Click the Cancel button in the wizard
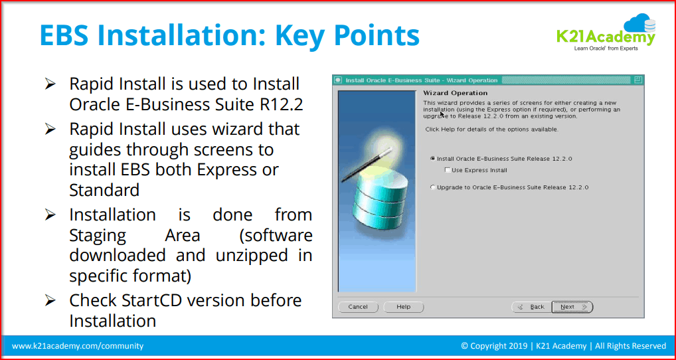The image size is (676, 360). [x=358, y=307]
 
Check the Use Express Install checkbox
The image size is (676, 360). [x=447, y=170]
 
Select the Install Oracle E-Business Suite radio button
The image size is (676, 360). [x=433, y=159]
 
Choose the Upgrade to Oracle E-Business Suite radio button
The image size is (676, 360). [x=433, y=187]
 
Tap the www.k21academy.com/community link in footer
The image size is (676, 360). [x=78, y=346]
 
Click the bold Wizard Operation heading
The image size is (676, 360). [x=455, y=93]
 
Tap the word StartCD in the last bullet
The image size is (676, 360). [x=153, y=300]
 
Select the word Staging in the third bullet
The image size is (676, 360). [x=98, y=235]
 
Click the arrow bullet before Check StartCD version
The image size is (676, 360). [x=50, y=300]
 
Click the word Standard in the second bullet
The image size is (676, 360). [x=104, y=191]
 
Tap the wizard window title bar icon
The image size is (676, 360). [x=338, y=80]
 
